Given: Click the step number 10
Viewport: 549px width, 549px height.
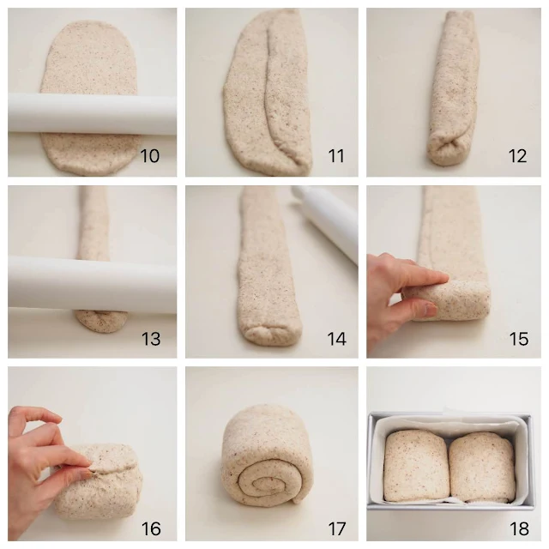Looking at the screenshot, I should coord(150,156).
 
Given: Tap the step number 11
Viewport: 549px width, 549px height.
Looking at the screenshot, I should coord(335,156).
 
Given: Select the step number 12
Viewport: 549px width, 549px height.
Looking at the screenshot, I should coord(518,156).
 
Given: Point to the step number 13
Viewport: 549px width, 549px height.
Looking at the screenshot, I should coord(150,339).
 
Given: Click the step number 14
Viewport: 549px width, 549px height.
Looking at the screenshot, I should coord(335,339).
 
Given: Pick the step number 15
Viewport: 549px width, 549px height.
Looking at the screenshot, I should coord(518,339).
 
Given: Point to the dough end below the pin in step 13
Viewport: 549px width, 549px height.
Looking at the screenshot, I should coord(99,322).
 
